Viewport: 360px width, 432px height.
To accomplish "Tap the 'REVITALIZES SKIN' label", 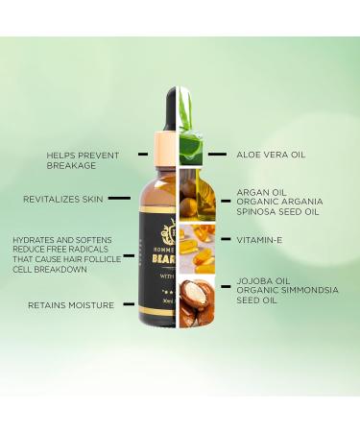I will point(62,199).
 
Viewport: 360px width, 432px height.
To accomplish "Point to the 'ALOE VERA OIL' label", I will point(272,153).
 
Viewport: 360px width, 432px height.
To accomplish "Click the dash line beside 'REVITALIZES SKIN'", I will point(119,199).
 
